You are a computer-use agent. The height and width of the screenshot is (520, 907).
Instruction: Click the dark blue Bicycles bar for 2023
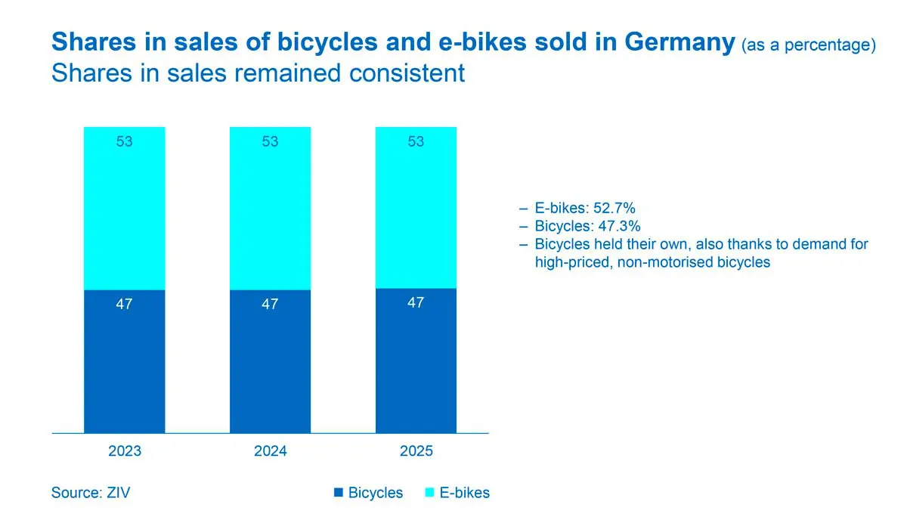coord(124,361)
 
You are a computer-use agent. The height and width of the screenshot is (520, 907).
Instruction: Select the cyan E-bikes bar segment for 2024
coord(270,208)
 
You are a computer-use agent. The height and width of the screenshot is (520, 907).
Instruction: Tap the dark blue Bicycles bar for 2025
coord(416,361)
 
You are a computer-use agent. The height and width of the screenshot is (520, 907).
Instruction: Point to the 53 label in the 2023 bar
coord(124,141)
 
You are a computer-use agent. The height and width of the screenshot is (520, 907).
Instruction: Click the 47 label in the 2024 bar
coord(270,305)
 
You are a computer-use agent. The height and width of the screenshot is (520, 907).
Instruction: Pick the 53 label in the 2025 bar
coord(416,141)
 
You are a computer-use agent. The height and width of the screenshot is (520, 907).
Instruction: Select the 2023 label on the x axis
coord(124,451)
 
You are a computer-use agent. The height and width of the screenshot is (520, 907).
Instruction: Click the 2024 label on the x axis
coord(270,451)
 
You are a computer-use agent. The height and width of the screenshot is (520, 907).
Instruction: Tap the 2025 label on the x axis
coord(416,451)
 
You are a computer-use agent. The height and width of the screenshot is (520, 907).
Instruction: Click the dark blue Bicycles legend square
coord(339,493)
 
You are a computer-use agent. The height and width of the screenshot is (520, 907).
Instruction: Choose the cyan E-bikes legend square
coord(430,493)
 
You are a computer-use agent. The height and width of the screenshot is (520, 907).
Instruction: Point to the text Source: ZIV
coord(91,493)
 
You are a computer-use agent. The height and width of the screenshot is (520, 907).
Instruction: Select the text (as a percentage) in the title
coord(808,45)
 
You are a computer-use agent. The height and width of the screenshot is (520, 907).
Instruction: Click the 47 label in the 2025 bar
coord(416,303)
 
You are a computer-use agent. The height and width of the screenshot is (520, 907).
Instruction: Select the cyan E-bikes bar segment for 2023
coord(124,208)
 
